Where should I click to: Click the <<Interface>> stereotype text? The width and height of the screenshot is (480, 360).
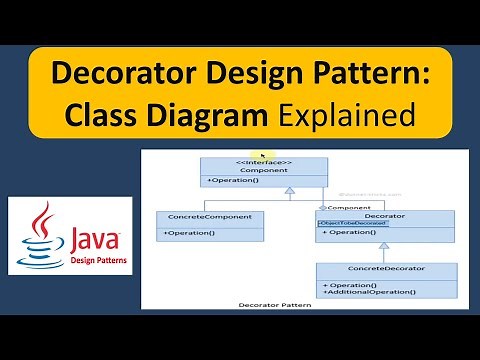point(263,162)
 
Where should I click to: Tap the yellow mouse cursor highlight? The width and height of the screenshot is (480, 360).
point(263,156)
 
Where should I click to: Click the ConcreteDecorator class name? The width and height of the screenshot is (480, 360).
point(386,269)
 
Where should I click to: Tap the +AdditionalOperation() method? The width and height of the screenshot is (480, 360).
point(369,291)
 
